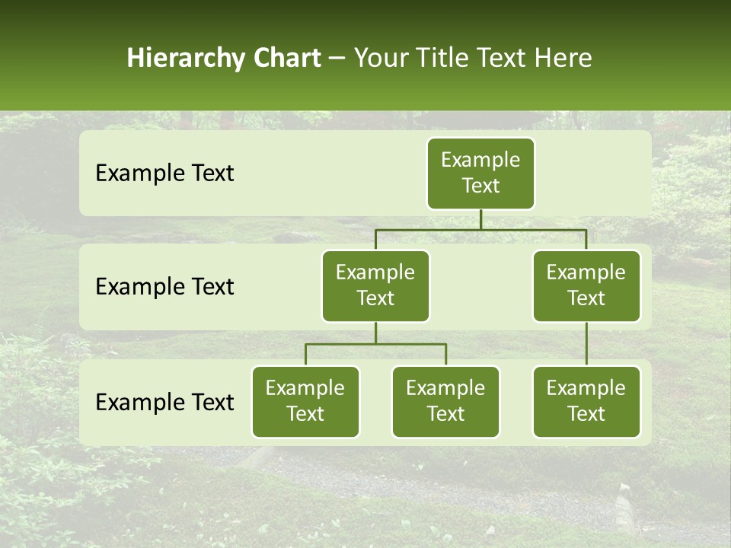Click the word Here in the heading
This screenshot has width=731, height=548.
pyautogui.click(x=563, y=59)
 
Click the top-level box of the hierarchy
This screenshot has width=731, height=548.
pyautogui.click(x=480, y=174)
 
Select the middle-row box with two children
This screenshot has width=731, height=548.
pyautogui.click(x=375, y=286)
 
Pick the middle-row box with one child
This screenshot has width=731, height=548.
pyautogui.click(x=586, y=286)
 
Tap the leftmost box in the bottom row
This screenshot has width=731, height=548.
pyautogui.click(x=305, y=402)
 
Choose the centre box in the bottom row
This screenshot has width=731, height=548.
pyautogui.click(x=445, y=402)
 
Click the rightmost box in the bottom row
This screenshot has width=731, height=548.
pyautogui.click(x=586, y=402)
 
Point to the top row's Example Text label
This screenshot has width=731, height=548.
pyautogui.click(x=164, y=174)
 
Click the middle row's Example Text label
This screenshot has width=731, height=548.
pyautogui.click(x=164, y=287)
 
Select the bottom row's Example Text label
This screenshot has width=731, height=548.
pyautogui.click(x=164, y=403)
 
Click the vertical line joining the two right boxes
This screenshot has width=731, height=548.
pyautogui.click(x=586, y=344)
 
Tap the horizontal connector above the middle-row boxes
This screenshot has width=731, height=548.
pyautogui.click(x=480, y=229)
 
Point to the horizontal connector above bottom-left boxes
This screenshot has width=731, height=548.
pyautogui.click(x=375, y=344)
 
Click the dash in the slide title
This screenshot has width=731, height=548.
pyautogui.click(x=337, y=59)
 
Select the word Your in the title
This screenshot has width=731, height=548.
pyautogui.click(x=378, y=59)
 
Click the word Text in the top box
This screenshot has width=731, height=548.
pyautogui.click(x=480, y=186)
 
